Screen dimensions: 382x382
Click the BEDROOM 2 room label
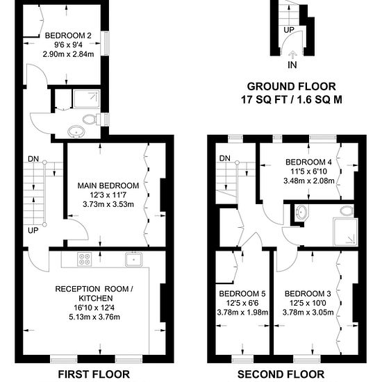tap(68, 35)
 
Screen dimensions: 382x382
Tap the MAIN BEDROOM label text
tap(108, 185)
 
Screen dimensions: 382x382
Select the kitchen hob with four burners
tap(85, 259)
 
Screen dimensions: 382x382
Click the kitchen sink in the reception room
tap(134, 260)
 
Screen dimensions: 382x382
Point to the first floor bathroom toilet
tap(92, 119)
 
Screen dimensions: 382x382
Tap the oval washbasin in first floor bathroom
tap(76, 132)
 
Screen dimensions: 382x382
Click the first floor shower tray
tap(87, 99)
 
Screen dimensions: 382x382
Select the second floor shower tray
tap(345, 232)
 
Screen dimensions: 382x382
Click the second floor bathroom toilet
tap(347, 211)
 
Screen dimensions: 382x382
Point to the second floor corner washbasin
tap(301, 213)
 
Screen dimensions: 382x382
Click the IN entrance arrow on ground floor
tap(292, 53)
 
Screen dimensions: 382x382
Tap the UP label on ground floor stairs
tap(289, 30)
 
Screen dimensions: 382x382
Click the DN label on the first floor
tap(33, 159)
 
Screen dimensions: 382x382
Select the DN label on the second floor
tap(224, 158)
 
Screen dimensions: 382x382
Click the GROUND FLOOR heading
tap(292, 87)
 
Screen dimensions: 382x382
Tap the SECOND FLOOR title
tap(281, 374)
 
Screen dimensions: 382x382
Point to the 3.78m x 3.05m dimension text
tap(308, 313)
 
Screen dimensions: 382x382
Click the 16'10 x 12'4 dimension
tap(94, 308)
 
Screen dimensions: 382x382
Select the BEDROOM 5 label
tap(242, 294)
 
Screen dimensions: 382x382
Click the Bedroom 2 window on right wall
tap(106, 43)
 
